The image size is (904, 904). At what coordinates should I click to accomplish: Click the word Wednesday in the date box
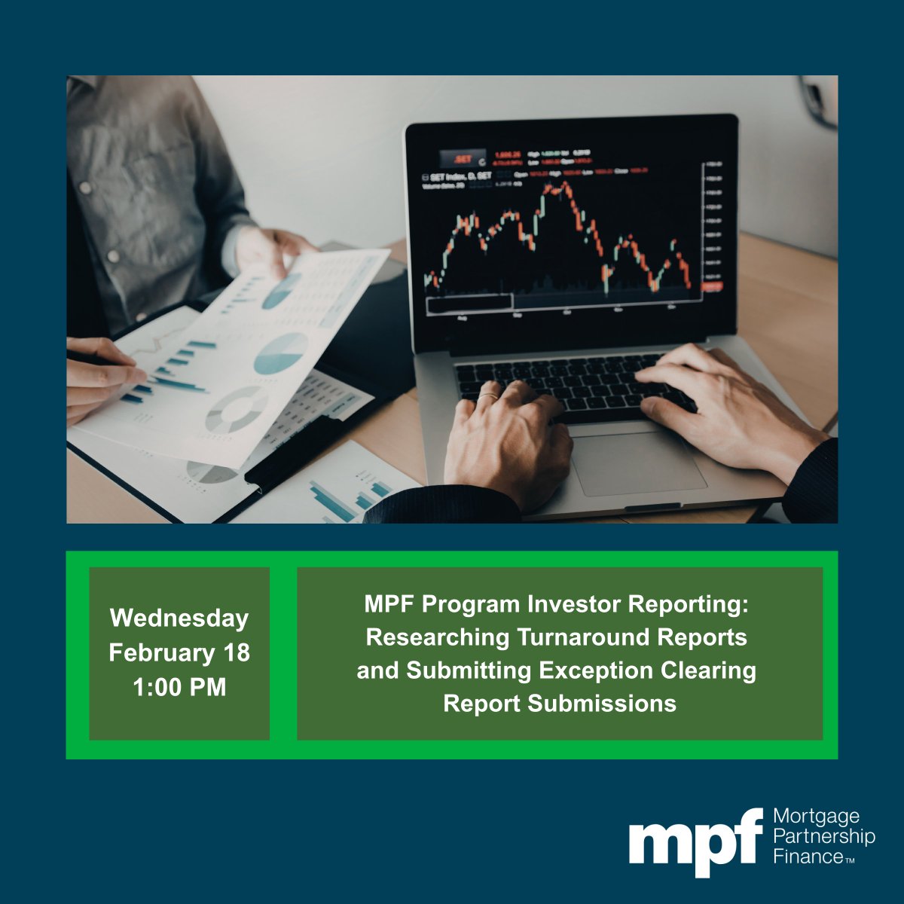(x=179, y=618)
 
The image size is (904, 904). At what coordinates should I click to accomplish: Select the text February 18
(x=179, y=652)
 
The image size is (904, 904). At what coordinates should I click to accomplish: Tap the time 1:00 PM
(x=179, y=687)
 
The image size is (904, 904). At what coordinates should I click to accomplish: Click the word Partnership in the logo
(x=824, y=837)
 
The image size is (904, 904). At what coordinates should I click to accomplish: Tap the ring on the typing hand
(x=488, y=395)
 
